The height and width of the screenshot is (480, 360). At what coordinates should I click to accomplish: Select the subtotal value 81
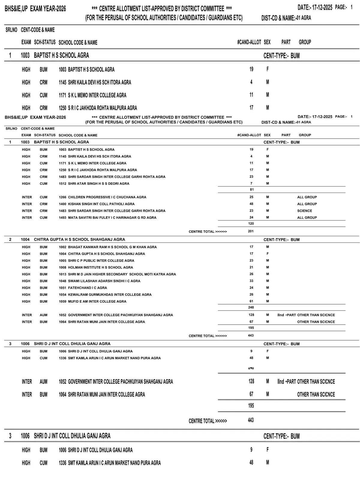pos(252,190)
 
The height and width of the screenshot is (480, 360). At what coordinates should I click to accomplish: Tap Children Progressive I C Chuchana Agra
pos(107,197)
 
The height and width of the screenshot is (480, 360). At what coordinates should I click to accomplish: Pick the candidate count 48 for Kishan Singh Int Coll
pos(251,204)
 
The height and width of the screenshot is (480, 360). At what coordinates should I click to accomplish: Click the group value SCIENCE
pos(304,211)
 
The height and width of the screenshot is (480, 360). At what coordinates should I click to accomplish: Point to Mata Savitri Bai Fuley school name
pos(112,217)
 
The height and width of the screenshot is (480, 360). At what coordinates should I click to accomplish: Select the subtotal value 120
pos(251,223)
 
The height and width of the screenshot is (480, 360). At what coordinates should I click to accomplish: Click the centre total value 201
pos(251,231)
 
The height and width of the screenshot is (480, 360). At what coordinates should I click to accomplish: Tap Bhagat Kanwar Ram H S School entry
pos(112,247)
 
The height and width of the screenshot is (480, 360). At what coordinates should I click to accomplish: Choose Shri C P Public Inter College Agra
pos(101,261)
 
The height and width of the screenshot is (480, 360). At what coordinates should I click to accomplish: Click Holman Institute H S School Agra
pos(100,268)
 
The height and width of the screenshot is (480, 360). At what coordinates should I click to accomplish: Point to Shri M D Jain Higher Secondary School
pos(122,274)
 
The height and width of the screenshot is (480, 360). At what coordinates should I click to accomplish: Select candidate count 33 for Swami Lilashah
pos(251,281)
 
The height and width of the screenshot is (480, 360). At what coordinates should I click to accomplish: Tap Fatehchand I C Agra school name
pos(87,288)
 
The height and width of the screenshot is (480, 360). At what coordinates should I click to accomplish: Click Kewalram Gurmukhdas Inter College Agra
pos(109,295)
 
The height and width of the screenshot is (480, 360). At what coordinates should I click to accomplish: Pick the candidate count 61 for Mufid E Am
pos(251,301)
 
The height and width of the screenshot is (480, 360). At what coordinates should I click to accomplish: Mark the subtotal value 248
pos(251,307)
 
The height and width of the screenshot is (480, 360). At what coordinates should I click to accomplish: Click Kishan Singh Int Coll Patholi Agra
pos(101,204)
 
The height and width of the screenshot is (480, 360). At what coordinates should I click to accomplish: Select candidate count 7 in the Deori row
pos(251,184)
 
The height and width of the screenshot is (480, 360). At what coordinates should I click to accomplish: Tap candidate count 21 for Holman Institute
pos(251,267)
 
